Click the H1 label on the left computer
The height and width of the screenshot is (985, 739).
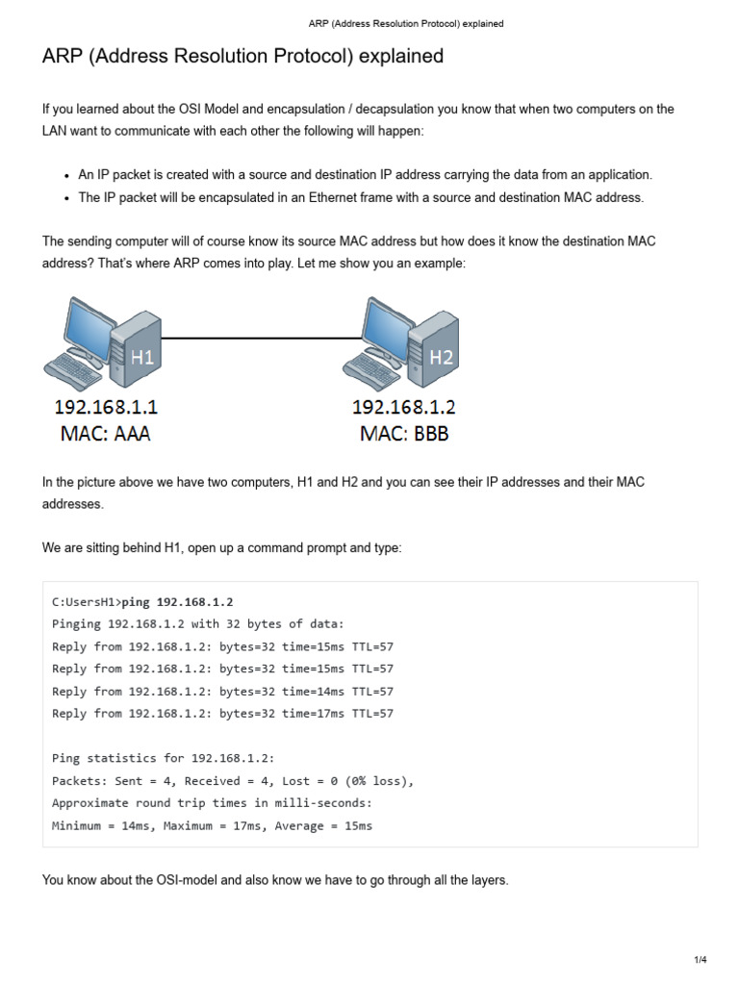pos(142,358)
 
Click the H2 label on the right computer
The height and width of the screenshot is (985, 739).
pos(442,358)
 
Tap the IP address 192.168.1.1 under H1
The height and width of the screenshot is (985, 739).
pos(106,407)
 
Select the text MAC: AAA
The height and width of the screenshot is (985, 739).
pos(106,434)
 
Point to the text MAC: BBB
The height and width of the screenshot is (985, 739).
pos(404,434)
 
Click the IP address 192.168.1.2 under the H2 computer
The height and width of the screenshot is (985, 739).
pos(404,407)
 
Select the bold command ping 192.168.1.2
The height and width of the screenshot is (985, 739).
pos(178,602)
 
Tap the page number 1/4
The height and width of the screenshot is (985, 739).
pos(701,960)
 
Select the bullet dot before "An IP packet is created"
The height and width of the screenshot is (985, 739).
pos(66,176)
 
